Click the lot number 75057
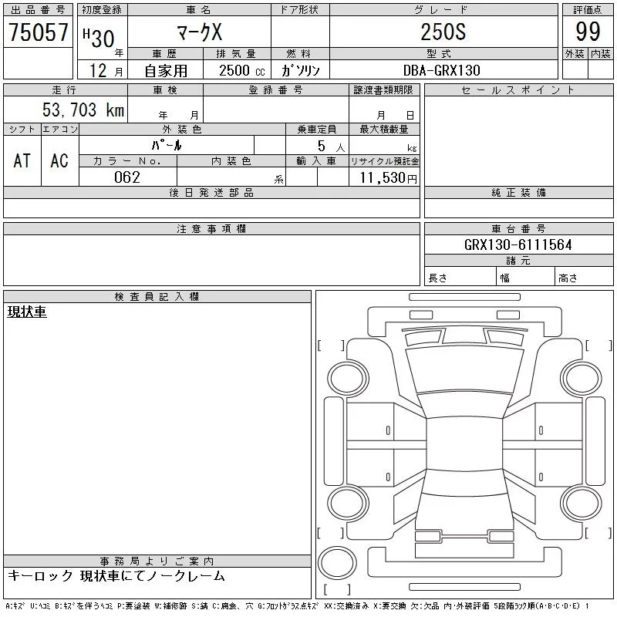(x=39, y=32)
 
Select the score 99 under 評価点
(x=588, y=32)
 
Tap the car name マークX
(x=200, y=32)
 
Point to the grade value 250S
(x=443, y=32)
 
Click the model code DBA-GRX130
(x=442, y=70)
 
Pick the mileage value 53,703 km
(x=83, y=110)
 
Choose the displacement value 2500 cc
(x=241, y=71)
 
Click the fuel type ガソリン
(x=300, y=71)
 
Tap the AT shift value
(x=22, y=160)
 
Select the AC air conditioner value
(x=59, y=160)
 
